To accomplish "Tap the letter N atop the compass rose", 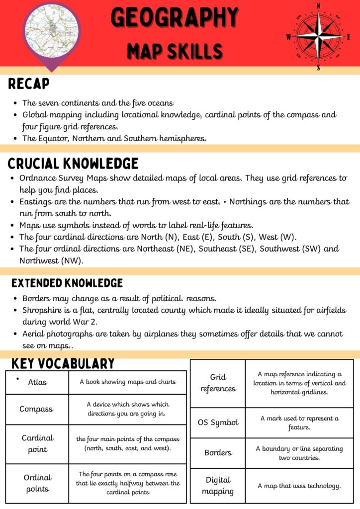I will click(x=318, y=6).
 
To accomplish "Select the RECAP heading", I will click(x=29, y=85).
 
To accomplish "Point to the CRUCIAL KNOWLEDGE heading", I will click(x=73, y=163).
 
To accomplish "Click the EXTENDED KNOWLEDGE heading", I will click(x=67, y=283).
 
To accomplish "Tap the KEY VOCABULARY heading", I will click(x=63, y=364).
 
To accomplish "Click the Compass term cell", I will click(x=36, y=409).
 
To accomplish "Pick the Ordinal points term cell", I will click(x=37, y=483).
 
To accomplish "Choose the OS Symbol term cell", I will click(x=218, y=423).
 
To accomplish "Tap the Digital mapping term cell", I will click(x=218, y=486).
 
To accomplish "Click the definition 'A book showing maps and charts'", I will click(x=128, y=382).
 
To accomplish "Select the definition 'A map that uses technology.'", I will click(x=299, y=486).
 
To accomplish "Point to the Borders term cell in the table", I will click(x=218, y=453).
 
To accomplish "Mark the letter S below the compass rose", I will click(x=318, y=68).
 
